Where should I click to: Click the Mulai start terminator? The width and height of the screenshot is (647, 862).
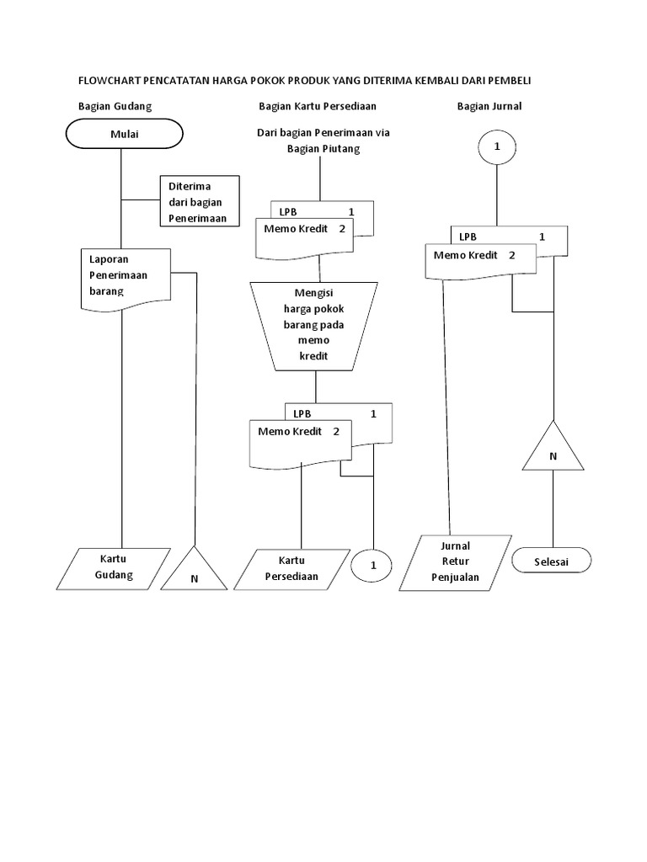pos(124,134)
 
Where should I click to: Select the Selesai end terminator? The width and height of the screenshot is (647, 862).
pos(552,560)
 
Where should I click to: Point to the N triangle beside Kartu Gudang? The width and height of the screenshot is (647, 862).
pos(195,571)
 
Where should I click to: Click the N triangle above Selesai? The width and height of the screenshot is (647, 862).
pos(553,450)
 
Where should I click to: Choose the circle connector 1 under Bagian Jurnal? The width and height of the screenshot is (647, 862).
pos(497,146)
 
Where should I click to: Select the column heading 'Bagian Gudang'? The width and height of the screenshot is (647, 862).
pos(115,106)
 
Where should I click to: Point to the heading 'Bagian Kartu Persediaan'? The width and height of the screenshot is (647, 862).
pos(317,106)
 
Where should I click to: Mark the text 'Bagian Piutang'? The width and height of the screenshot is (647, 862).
pos(323,148)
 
